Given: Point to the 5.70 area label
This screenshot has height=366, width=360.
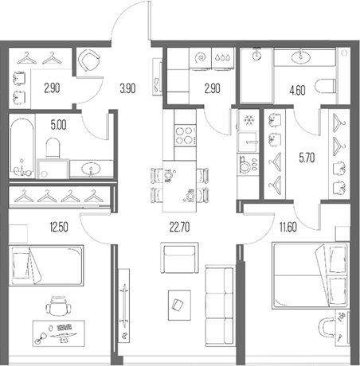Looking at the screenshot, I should (306, 158).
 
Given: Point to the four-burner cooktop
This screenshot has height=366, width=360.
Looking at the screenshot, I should (185, 134).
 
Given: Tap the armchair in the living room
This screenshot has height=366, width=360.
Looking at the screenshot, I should (177, 259).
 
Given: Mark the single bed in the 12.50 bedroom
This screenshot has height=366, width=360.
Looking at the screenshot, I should (48, 271).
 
